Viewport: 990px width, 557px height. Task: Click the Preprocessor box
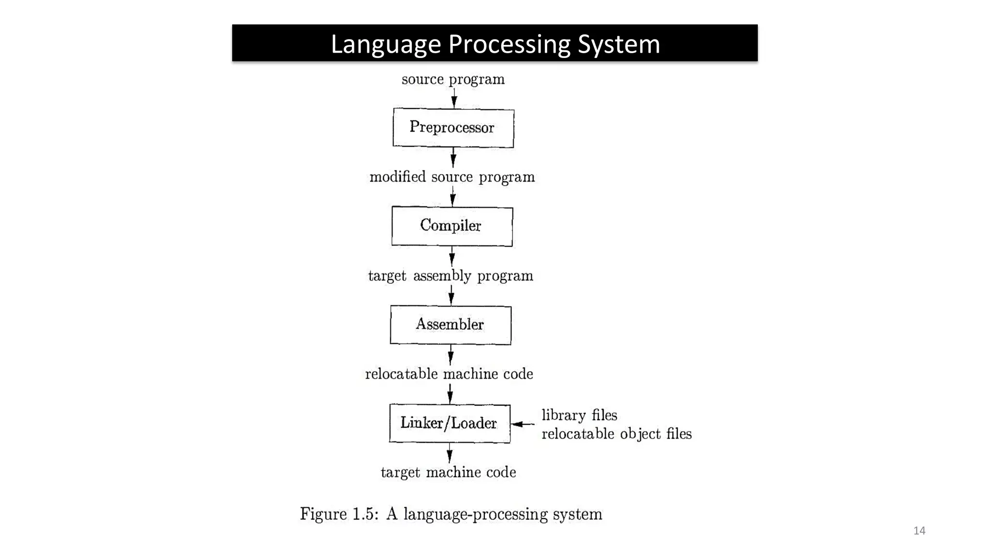coord(453,128)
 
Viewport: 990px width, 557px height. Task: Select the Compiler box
coord(452,226)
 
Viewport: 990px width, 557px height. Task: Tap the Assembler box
coord(451,325)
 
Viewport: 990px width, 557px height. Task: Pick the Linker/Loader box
coord(450,424)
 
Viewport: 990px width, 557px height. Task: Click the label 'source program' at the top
coord(453,79)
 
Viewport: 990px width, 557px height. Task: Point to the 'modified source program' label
coord(452,177)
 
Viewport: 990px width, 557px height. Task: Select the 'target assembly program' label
coord(451,276)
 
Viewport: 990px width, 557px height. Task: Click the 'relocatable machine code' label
coord(449,374)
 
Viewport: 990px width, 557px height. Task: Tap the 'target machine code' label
coord(448,472)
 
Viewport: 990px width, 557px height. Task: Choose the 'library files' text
coord(579,415)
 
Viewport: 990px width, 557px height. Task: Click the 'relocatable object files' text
coord(616,434)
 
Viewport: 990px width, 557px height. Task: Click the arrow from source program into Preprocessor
coord(454,98)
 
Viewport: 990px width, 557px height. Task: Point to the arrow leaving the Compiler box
coord(452,256)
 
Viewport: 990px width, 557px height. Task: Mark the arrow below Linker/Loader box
coord(450,453)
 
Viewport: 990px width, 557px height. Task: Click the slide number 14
coord(919,530)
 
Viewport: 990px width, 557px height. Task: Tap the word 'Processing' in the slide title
coord(509,44)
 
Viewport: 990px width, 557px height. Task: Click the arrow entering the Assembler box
coord(451,295)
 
